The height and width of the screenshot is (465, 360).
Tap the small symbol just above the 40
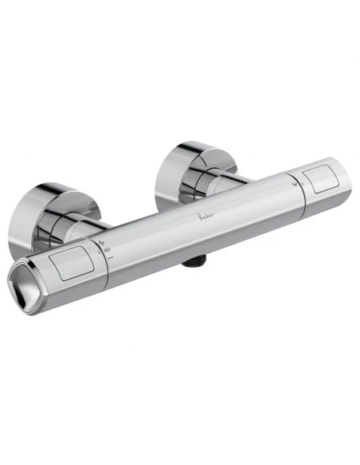[x=101, y=241]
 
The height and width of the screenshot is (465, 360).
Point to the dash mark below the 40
[x=110, y=258]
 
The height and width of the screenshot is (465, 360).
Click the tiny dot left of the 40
[x=98, y=252]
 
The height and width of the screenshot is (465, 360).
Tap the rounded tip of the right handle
[x=343, y=179]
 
